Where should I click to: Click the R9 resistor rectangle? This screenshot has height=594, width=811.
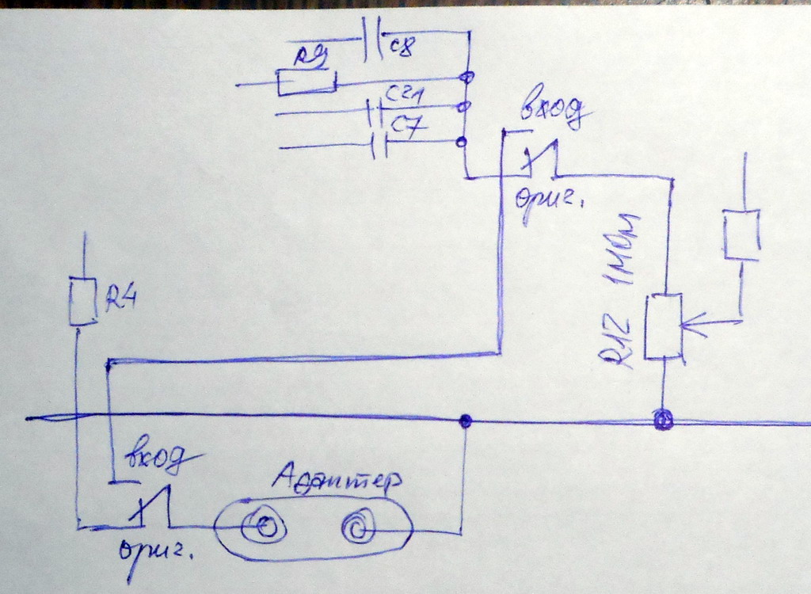click(x=307, y=82)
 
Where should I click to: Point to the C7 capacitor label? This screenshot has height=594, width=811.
click(x=410, y=125)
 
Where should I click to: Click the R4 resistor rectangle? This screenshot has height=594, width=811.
click(x=82, y=302)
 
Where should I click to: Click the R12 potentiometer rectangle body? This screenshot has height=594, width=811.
click(x=664, y=326)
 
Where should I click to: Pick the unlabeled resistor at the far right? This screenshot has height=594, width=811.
click(x=741, y=234)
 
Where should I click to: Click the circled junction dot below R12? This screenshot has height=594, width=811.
click(x=663, y=419)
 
